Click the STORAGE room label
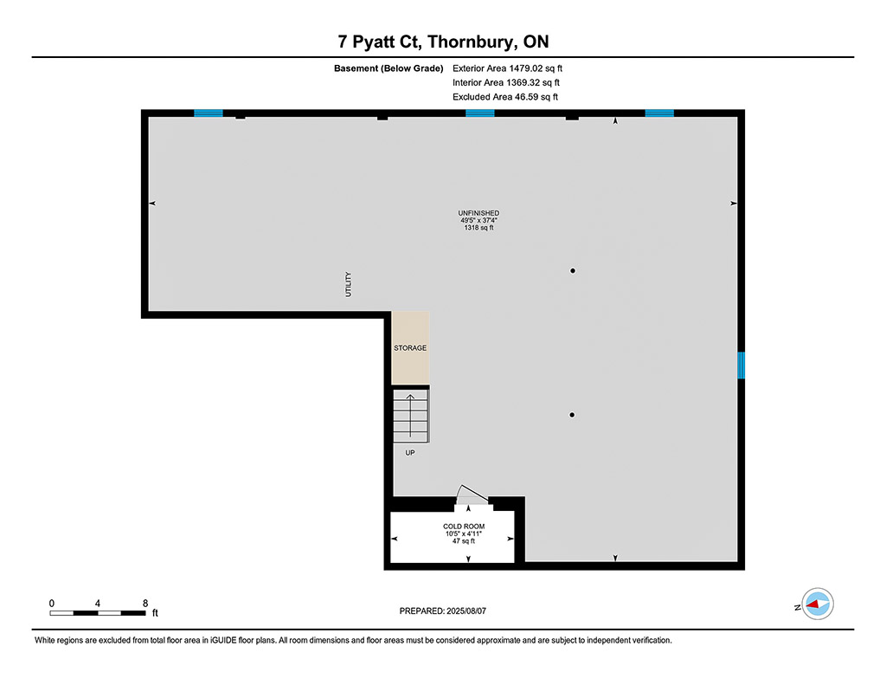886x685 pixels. click(x=410, y=348)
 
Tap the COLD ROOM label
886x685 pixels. click(x=464, y=527)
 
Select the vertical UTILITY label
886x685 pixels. click(x=348, y=284)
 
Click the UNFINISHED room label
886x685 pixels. click(x=478, y=213)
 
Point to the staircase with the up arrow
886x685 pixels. click(x=411, y=415)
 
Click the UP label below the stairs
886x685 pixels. click(x=410, y=453)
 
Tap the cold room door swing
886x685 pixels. click(x=472, y=495)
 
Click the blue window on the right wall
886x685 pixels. click(x=741, y=365)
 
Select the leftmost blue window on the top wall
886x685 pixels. click(x=209, y=113)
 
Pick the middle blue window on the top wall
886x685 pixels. click(x=479, y=113)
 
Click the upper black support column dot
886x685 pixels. click(x=573, y=271)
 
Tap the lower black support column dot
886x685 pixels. click(x=572, y=415)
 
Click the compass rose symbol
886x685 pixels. click(x=818, y=604)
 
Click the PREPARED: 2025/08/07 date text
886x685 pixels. click(x=443, y=611)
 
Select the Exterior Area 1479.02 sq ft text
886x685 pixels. click(x=507, y=68)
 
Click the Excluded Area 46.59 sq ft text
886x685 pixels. click(x=505, y=97)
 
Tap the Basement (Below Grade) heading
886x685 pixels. click(x=388, y=68)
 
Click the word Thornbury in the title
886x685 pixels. click(x=472, y=42)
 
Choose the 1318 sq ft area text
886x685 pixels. click(x=478, y=228)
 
